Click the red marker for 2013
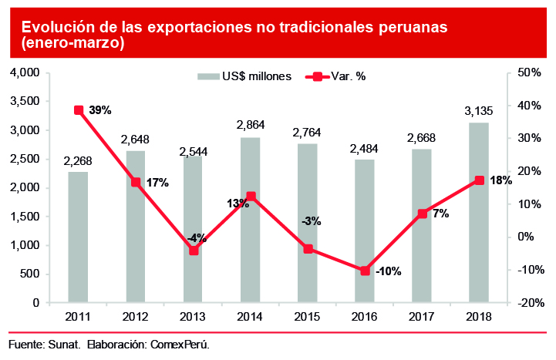[x=194, y=251]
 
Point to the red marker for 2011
[x=79, y=110]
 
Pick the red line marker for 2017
[x=423, y=214]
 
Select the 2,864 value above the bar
[x=250, y=125]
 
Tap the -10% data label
[x=388, y=271]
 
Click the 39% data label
[x=100, y=110]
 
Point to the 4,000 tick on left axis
[x=24, y=72]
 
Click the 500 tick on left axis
[x=29, y=274]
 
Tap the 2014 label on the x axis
[x=250, y=316]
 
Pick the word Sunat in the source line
[x=66, y=344]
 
